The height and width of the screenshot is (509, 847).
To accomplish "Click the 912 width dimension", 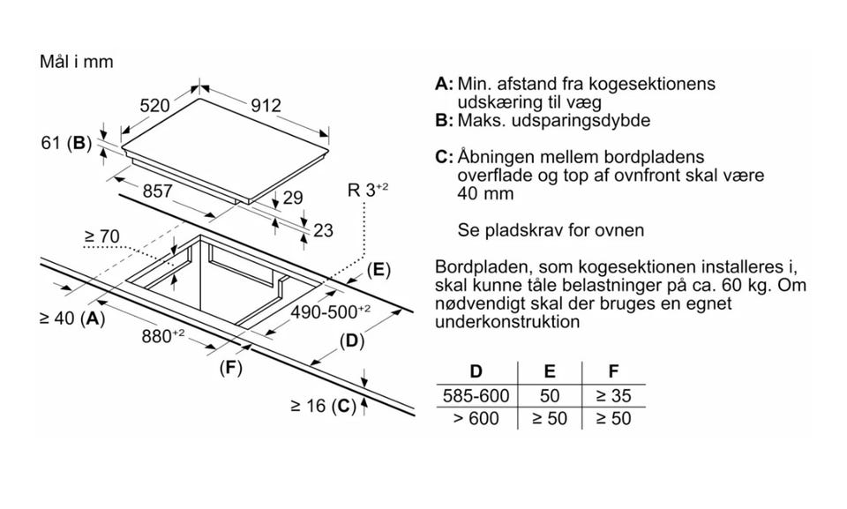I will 265,106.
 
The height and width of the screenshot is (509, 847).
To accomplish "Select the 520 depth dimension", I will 154,106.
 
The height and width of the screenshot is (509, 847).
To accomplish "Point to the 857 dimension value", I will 157,191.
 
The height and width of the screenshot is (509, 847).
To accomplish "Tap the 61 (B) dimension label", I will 66,142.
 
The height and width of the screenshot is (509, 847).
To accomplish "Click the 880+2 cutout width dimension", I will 163,336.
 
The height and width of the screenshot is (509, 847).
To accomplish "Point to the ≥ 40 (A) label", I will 72,318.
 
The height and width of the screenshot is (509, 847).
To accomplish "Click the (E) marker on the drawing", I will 378,270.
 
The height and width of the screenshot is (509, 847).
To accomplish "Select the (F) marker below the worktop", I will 230,368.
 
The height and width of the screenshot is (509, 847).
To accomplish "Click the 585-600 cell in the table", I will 475,396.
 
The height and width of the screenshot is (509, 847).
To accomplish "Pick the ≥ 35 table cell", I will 614,396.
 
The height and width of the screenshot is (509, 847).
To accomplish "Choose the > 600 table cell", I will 475,418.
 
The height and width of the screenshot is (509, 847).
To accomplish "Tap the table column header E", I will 549,372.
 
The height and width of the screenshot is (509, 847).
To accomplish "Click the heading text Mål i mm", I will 77,63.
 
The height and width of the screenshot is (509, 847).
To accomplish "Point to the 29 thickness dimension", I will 292,198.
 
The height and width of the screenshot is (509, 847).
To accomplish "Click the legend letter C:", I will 444,157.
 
